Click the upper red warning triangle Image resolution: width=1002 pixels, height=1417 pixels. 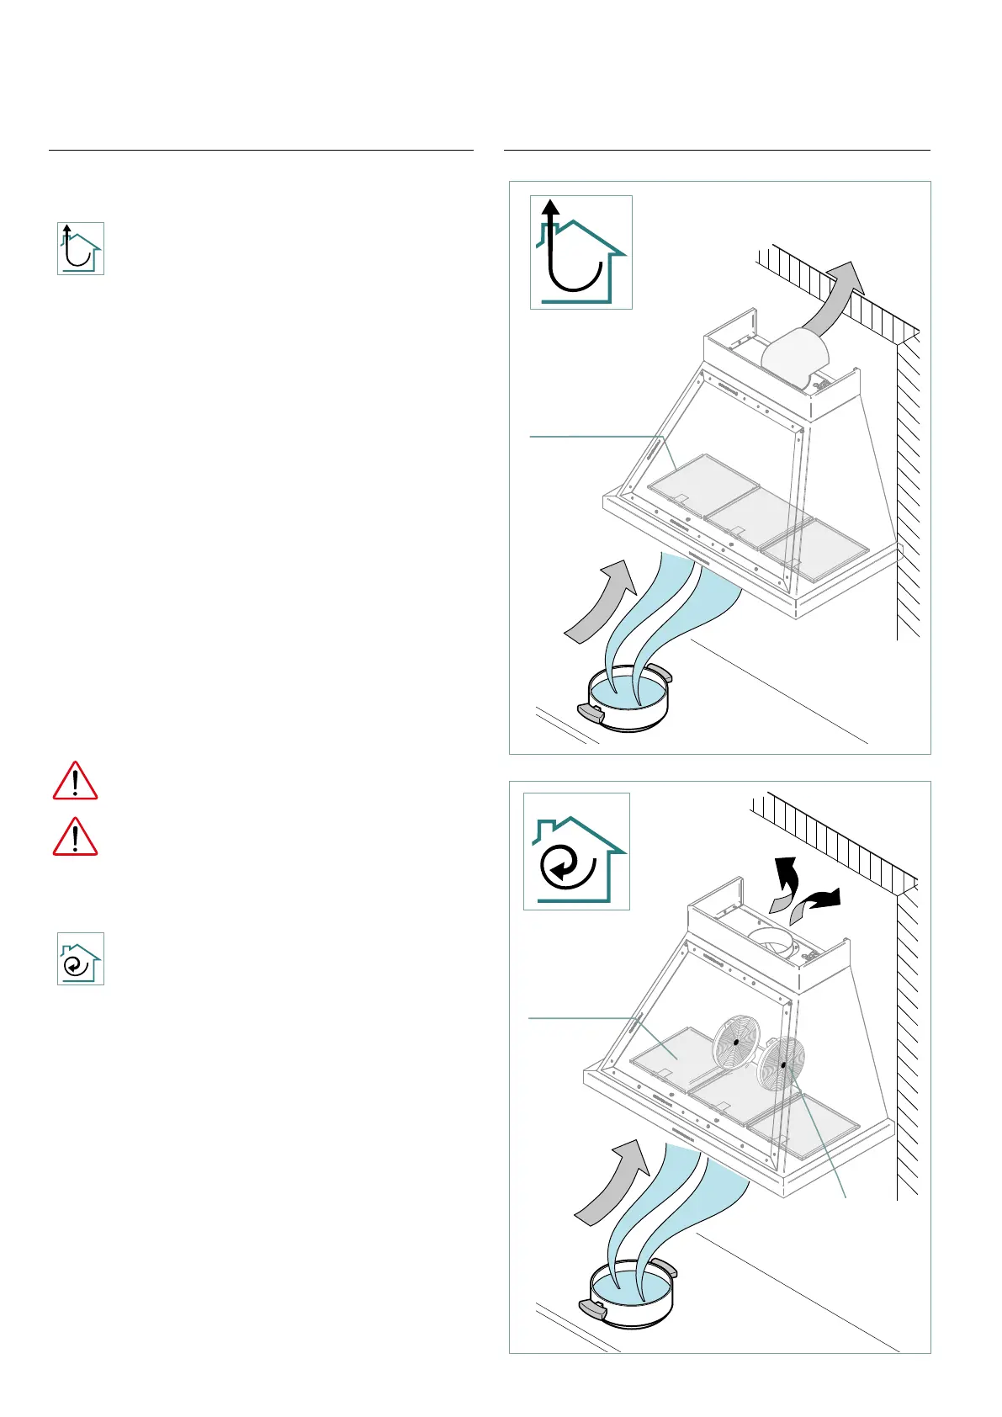75,781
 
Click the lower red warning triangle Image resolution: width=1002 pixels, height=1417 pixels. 75,837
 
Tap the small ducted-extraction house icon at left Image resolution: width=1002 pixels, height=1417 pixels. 81,248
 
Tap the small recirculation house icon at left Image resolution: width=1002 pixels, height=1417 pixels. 81,958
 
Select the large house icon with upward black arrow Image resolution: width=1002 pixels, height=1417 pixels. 581,252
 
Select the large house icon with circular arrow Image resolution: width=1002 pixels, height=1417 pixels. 576,851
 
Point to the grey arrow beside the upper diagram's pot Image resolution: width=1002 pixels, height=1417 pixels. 600,602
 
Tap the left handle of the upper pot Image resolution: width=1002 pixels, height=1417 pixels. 591,714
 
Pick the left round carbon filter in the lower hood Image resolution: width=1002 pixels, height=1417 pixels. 736,1042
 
